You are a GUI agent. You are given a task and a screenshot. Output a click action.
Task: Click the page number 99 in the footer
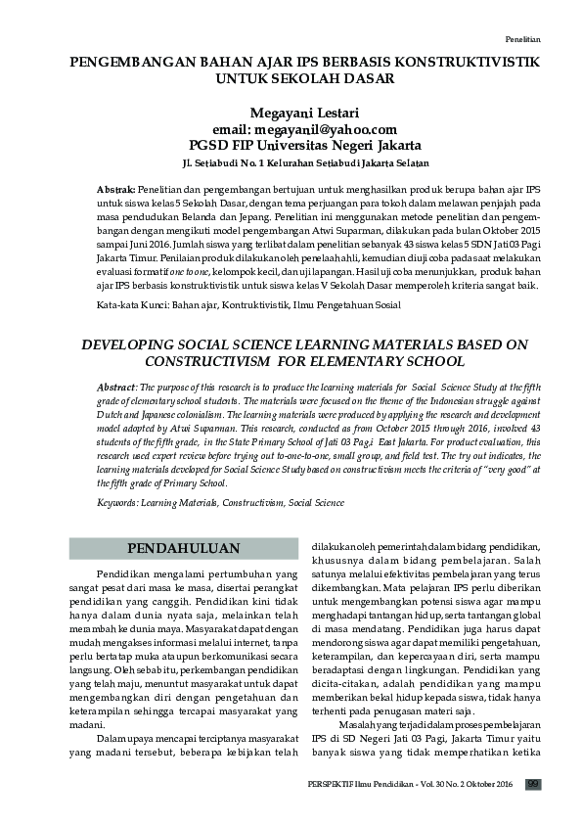533,783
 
